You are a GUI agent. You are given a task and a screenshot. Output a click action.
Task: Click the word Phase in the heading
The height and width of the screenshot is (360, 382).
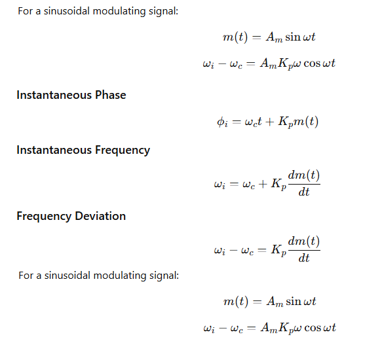tap(110, 95)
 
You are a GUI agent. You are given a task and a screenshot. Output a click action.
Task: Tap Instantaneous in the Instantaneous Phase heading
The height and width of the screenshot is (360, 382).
tap(54, 95)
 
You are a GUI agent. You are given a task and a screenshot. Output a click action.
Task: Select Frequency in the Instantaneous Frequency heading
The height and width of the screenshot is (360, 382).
tap(123, 150)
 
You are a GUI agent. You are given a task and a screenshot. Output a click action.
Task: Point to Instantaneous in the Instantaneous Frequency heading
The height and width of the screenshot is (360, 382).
tap(54, 150)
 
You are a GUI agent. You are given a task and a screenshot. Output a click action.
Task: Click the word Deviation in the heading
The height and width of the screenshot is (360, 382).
tap(100, 216)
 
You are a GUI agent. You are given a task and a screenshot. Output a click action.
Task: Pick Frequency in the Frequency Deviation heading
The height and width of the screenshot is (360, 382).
tap(44, 217)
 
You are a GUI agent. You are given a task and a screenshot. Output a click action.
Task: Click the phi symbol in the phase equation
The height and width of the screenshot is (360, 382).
tap(222, 122)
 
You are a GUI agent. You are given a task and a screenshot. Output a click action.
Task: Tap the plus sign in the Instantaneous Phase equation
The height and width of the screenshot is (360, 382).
tap(270, 122)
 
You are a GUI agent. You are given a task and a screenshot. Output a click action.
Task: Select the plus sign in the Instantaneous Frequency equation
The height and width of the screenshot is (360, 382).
tap(263, 184)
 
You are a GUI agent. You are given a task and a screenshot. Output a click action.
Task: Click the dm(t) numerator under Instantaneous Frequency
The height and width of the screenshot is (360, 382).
tap(304, 175)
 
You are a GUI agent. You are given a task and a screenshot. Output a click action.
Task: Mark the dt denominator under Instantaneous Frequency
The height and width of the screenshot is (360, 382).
tap(304, 192)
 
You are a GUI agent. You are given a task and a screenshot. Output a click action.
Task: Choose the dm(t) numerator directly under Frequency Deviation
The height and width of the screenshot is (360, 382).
tap(304, 242)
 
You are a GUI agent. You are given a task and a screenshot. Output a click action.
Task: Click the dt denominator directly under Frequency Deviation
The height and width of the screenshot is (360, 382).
tap(304, 258)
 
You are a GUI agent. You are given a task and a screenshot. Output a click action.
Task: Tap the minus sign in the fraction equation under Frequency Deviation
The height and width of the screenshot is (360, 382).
tap(233, 250)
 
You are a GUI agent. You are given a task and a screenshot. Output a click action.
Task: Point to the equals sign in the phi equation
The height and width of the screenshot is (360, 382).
tap(237, 122)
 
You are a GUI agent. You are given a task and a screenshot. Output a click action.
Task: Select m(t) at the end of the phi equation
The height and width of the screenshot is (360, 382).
tap(306, 122)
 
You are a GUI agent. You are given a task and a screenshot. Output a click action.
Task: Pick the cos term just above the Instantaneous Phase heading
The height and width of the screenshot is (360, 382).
tap(312, 63)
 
